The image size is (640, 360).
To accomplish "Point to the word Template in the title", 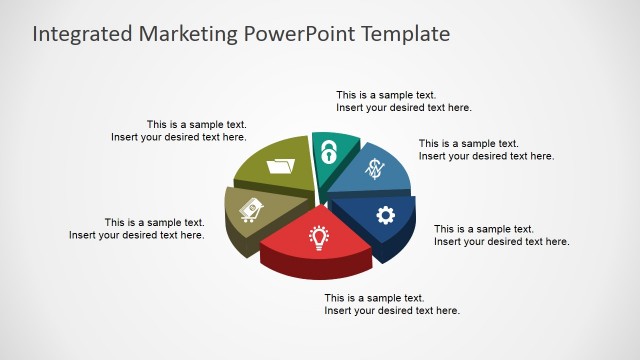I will (400, 34).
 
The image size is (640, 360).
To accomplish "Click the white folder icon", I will (283, 164).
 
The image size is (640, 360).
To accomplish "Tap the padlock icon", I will (327, 153).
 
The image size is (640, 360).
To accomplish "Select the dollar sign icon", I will (375, 170).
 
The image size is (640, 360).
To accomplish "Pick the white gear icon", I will (385, 214).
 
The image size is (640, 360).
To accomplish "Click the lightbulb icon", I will (319, 237).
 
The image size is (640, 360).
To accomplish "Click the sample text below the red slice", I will (391, 304).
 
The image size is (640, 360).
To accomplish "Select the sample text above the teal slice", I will (403, 101).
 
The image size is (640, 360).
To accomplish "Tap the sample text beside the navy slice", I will (501, 235).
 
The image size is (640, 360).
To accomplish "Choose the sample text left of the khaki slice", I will (136, 228).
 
